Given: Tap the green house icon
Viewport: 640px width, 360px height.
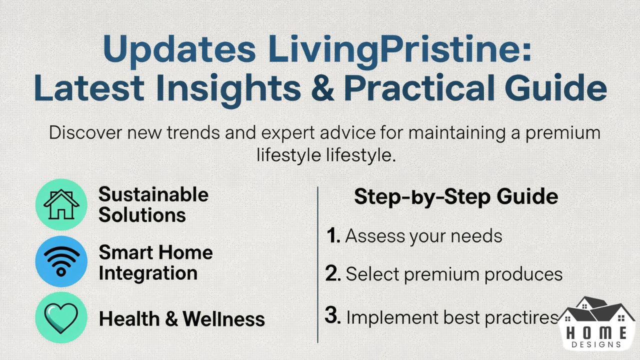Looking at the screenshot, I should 61,204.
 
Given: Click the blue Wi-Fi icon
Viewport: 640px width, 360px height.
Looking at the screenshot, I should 61,261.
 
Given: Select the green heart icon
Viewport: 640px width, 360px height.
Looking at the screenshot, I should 61,317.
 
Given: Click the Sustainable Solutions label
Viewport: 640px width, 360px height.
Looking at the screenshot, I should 153,205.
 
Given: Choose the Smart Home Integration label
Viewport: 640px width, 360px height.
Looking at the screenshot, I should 155,262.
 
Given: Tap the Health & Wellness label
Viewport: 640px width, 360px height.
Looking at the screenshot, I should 181,319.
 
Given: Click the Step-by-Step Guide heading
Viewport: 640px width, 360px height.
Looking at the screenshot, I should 455,197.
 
